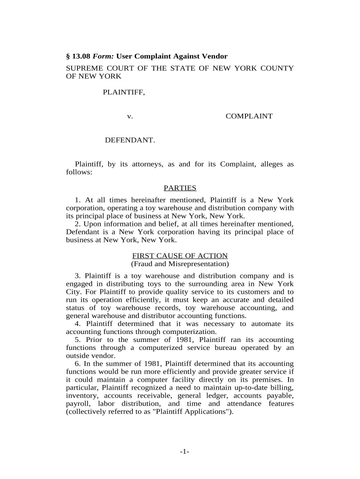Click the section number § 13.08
click(80, 57)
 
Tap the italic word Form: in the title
click(105, 57)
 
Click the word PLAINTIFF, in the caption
click(124, 93)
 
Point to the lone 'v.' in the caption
click(130, 116)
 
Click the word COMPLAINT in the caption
click(249, 116)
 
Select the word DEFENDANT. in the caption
click(130, 140)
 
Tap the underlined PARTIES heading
click(180, 188)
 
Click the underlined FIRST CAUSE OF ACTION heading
click(180, 256)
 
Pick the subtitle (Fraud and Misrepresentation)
click(180, 264)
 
